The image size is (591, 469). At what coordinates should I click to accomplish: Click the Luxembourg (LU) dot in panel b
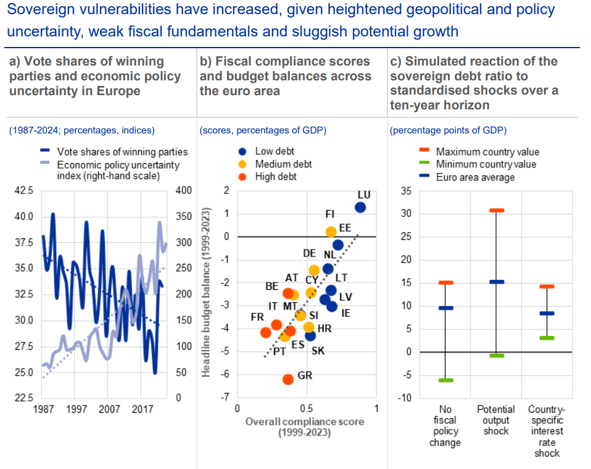pos(360,208)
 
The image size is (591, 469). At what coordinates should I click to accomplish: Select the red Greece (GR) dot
pos(287,379)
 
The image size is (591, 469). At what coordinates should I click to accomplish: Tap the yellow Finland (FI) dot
pos(331,232)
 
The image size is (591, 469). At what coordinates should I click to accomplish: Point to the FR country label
pos(257,317)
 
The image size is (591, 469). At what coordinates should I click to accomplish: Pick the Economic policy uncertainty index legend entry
pos(118,170)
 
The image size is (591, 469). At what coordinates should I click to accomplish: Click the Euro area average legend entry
pos(475,177)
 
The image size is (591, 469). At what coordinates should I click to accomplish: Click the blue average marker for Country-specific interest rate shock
pos(547,313)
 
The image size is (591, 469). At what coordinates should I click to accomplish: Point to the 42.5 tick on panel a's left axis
pos(23,191)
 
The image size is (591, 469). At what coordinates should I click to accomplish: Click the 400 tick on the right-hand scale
pos(184,191)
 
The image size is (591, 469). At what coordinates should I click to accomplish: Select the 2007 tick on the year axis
pos(109,410)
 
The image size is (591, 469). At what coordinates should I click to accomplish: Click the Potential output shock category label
pos(496,420)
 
